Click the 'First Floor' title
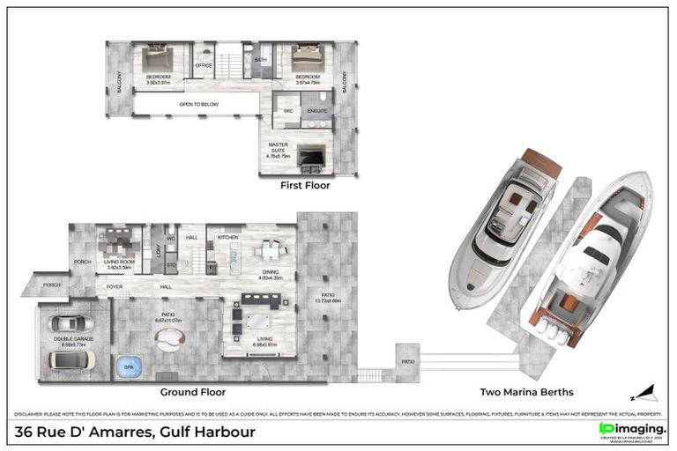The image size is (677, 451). tap(304, 186)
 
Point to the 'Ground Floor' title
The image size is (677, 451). tap(192, 392)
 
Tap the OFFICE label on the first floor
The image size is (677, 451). tap(204, 65)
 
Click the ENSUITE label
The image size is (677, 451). tap(316, 111)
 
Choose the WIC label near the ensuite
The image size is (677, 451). tap(287, 111)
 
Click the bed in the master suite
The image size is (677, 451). tap(311, 157)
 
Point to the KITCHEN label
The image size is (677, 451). tap(229, 237)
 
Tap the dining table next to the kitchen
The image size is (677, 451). tap(269, 251)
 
